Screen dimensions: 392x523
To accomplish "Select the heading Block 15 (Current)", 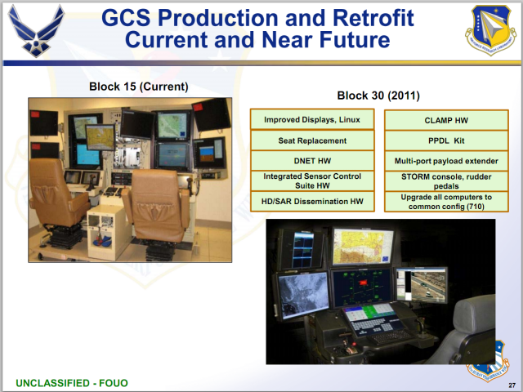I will coord(138,87).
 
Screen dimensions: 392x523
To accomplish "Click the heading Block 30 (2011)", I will coord(378,96).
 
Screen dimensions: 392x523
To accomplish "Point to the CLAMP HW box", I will coord(445,120).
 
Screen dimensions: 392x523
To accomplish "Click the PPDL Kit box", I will coord(445,140).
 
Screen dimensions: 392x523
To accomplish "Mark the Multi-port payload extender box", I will coord(445,161).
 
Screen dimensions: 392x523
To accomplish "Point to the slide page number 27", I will coord(512,384).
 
